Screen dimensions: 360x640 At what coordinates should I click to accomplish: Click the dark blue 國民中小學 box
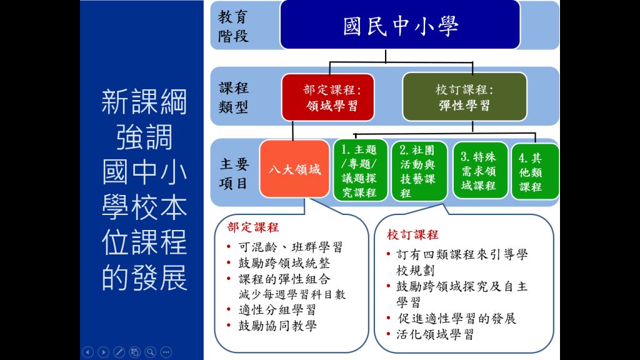click(x=400, y=25)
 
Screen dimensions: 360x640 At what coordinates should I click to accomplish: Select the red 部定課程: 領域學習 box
click(x=327, y=97)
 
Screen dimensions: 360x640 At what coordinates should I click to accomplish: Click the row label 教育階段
click(x=233, y=25)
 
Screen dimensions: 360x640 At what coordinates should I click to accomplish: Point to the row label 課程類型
click(x=233, y=97)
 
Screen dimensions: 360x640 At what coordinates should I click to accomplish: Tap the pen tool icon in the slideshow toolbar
click(x=119, y=352)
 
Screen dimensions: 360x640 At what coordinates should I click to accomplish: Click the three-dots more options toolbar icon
click(x=166, y=352)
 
